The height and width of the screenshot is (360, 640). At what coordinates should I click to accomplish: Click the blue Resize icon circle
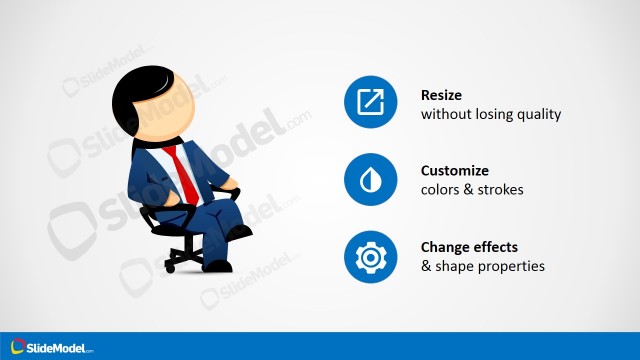[371, 103]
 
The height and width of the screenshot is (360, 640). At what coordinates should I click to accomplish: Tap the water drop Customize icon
[371, 180]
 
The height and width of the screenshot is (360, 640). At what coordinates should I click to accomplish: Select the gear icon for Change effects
[371, 257]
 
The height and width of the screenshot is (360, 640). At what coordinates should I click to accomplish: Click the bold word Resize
[443, 96]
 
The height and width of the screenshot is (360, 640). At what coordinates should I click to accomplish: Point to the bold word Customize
[455, 171]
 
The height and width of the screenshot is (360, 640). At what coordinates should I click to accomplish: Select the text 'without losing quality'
[491, 114]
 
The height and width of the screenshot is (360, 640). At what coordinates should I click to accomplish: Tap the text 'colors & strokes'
[470, 190]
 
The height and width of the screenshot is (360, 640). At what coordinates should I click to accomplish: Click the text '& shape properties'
[483, 266]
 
